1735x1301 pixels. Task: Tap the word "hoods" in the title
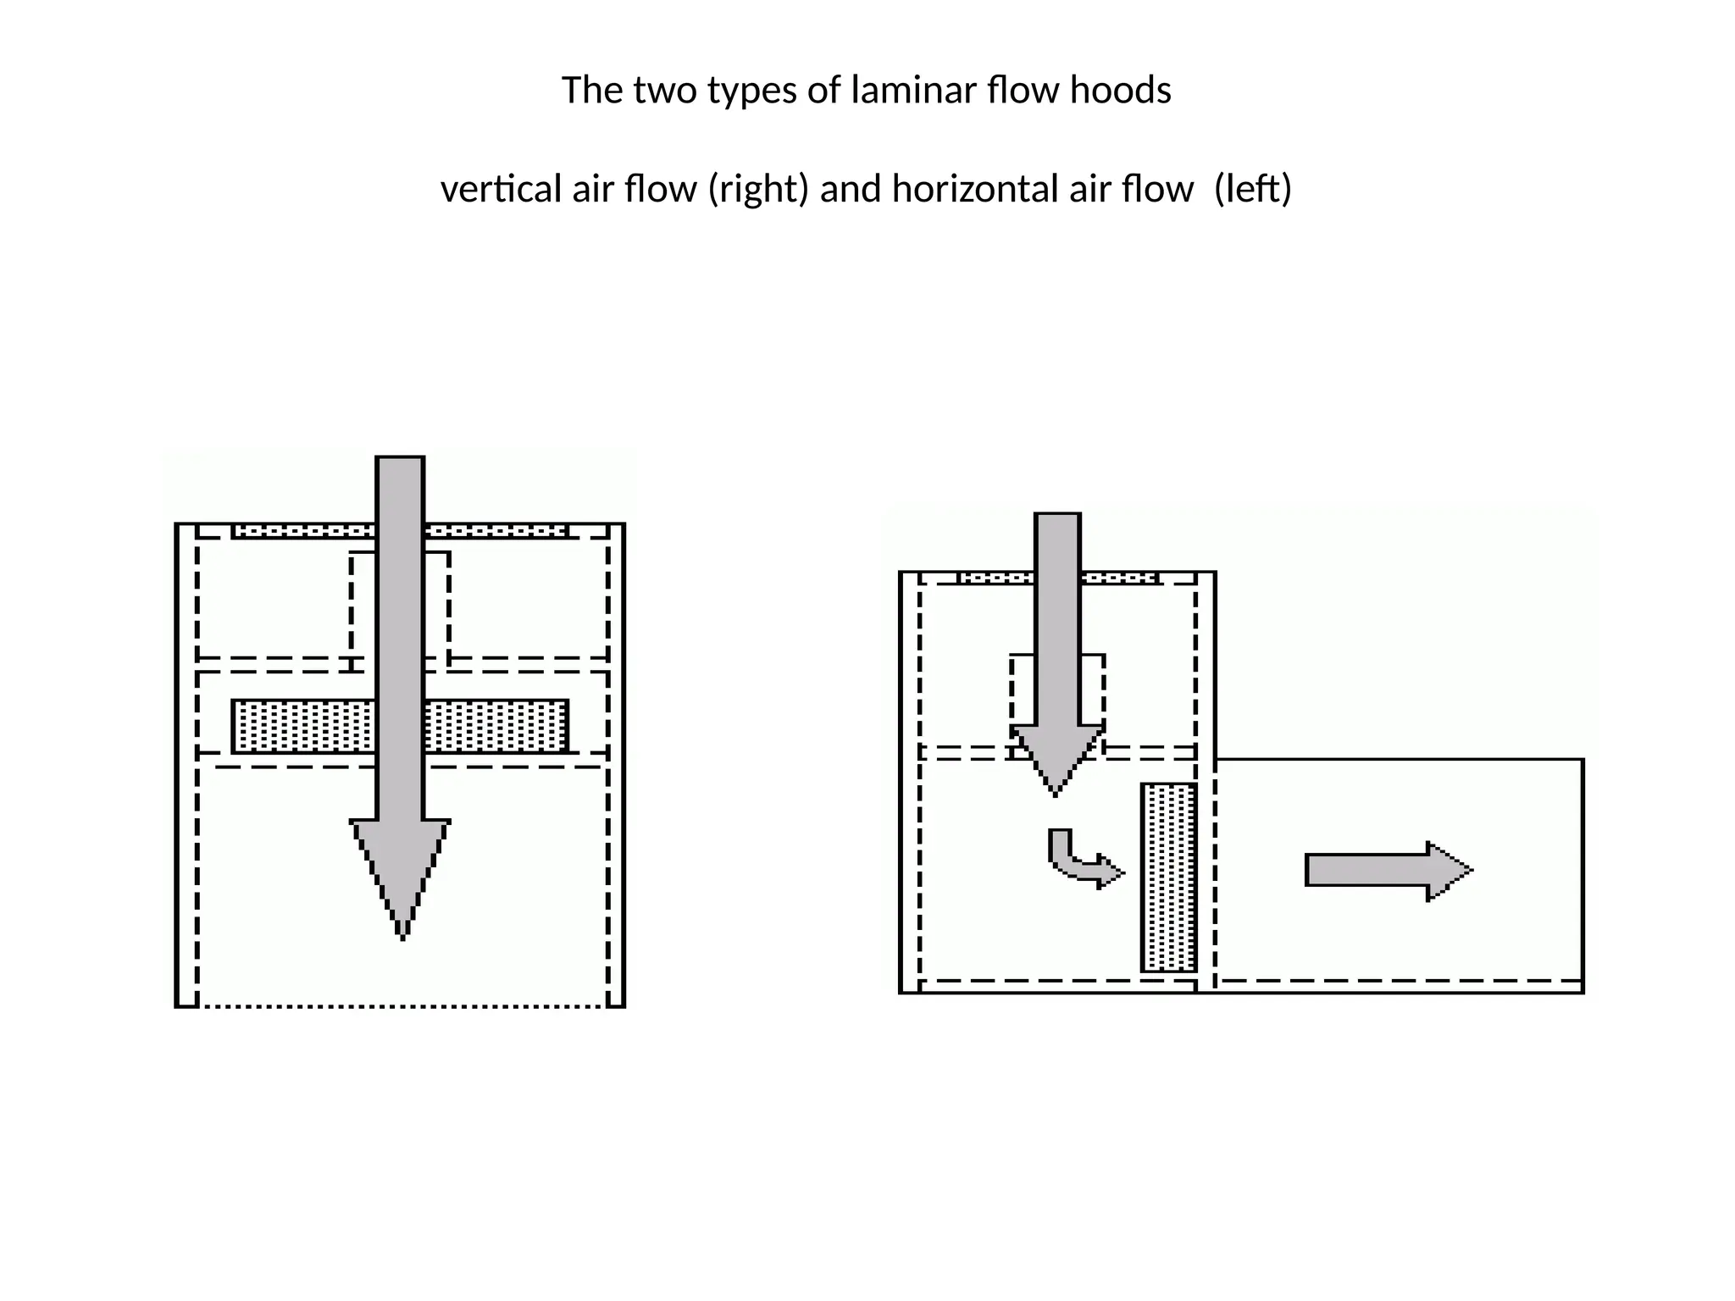[1120, 90]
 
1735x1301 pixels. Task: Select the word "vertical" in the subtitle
[502, 188]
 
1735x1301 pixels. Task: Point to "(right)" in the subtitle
[758, 188]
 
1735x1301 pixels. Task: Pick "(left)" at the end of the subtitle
[1252, 188]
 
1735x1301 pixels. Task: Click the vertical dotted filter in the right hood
[1169, 877]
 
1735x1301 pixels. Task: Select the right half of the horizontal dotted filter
[496, 727]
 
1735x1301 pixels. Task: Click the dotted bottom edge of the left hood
[402, 1006]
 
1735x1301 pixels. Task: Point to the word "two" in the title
[662, 91]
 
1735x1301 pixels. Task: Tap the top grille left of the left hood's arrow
[303, 531]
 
